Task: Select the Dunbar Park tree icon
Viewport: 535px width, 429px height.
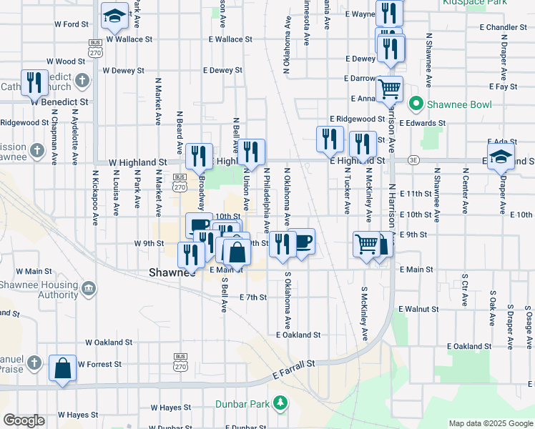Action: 281,404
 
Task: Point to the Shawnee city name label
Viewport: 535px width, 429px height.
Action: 172,272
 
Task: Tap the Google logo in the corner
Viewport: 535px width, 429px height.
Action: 24,420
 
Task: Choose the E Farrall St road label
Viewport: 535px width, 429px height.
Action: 294,370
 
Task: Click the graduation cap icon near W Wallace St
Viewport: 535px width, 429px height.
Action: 114,15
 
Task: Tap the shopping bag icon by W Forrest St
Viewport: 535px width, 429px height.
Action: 62,368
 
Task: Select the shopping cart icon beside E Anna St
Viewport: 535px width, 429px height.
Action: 390,89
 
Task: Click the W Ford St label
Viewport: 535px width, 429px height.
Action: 71,24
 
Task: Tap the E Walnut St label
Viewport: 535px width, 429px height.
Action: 419,309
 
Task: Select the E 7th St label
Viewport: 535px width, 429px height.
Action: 253,297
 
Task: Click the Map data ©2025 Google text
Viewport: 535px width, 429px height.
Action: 491,423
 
